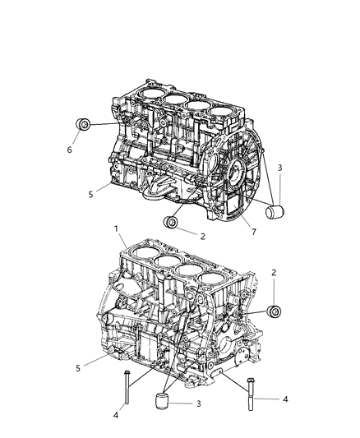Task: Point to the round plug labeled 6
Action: click(x=83, y=125)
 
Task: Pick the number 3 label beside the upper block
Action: click(x=280, y=168)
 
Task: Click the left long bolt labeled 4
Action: click(x=127, y=388)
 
